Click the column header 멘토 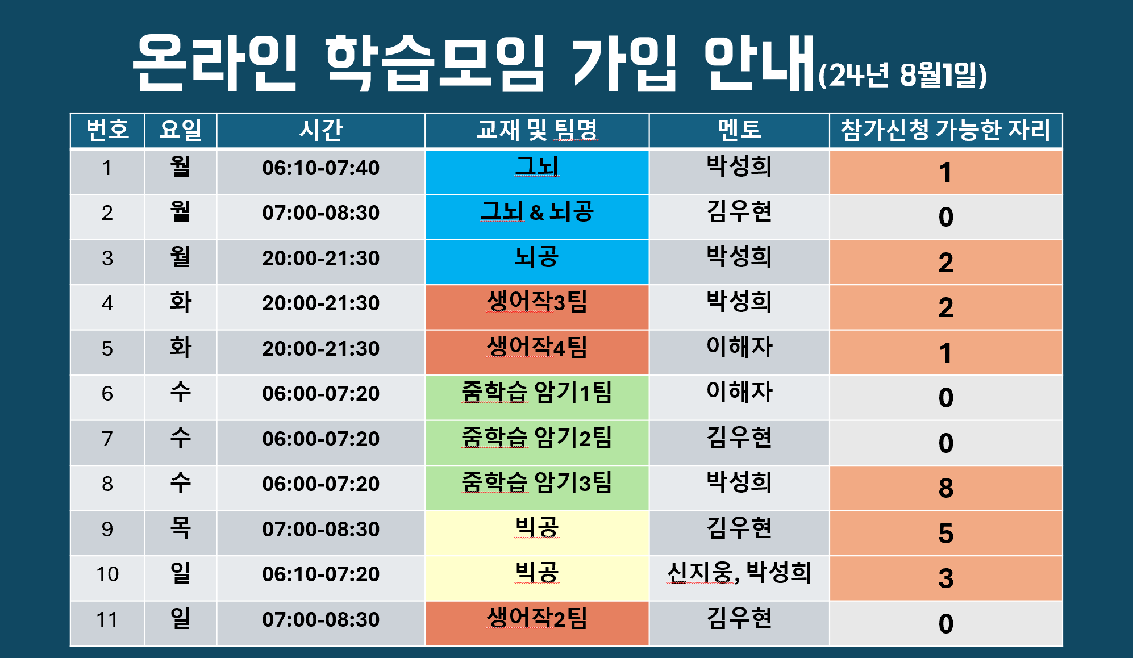[x=739, y=130]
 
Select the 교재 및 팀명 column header [x=537, y=130]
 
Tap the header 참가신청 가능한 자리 [x=945, y=130]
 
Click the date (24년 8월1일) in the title [x=902, y=75]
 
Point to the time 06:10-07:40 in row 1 [x=320, y=168]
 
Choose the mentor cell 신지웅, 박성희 [x=739, y=573]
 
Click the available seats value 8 [x=945, y=488]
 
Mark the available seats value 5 [x=945, y=533]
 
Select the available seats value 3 [x=945, y=578]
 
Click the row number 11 [x=107, y=619]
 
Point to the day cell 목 [x=180, y=528]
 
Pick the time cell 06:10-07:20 [x=320, y=574]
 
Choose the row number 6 [x=107, y=393]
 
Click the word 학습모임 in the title [x=435, y=63]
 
